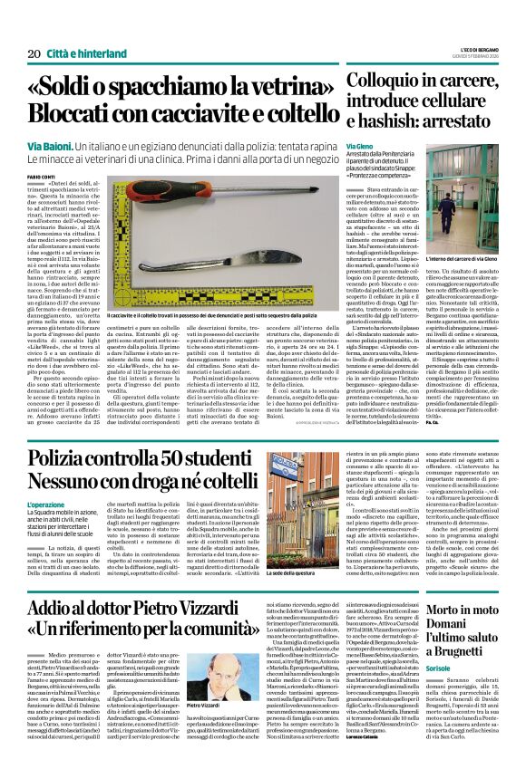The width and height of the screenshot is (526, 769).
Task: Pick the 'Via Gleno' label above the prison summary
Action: click(x=360, y=146)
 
